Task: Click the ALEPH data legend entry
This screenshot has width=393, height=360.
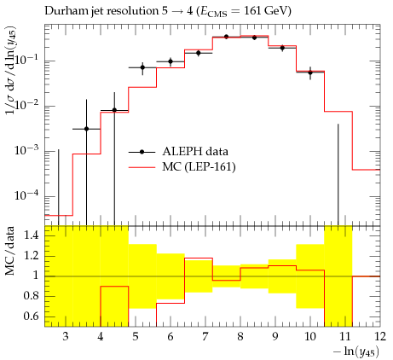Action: point(178,152)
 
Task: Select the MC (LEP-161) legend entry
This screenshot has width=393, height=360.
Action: point(182,167)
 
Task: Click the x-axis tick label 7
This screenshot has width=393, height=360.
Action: point(205,337)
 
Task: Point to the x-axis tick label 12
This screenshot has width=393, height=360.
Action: point(379,337)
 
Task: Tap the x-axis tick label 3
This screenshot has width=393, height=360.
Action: point(66,337)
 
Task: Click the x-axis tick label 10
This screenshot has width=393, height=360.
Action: point(310,337)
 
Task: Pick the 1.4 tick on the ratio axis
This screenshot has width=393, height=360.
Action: point(31,235)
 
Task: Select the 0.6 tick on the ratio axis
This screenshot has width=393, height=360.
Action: point(31,316)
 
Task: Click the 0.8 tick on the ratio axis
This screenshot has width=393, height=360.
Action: point(31,296)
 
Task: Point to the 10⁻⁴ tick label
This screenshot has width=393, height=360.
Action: point(27,195)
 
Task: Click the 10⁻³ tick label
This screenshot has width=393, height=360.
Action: point(27,150)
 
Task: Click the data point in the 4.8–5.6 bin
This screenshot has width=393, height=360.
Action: point(142,67)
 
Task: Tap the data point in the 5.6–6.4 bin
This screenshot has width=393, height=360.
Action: point(170,61)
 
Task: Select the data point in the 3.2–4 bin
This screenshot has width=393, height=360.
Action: point(87,129)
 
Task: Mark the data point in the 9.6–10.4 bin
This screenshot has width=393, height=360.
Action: point(310,73)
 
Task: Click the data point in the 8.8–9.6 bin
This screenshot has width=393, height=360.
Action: point(282,48)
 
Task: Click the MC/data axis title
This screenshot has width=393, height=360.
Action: point(10,251)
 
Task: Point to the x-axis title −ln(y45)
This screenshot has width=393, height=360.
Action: point(356,352)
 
